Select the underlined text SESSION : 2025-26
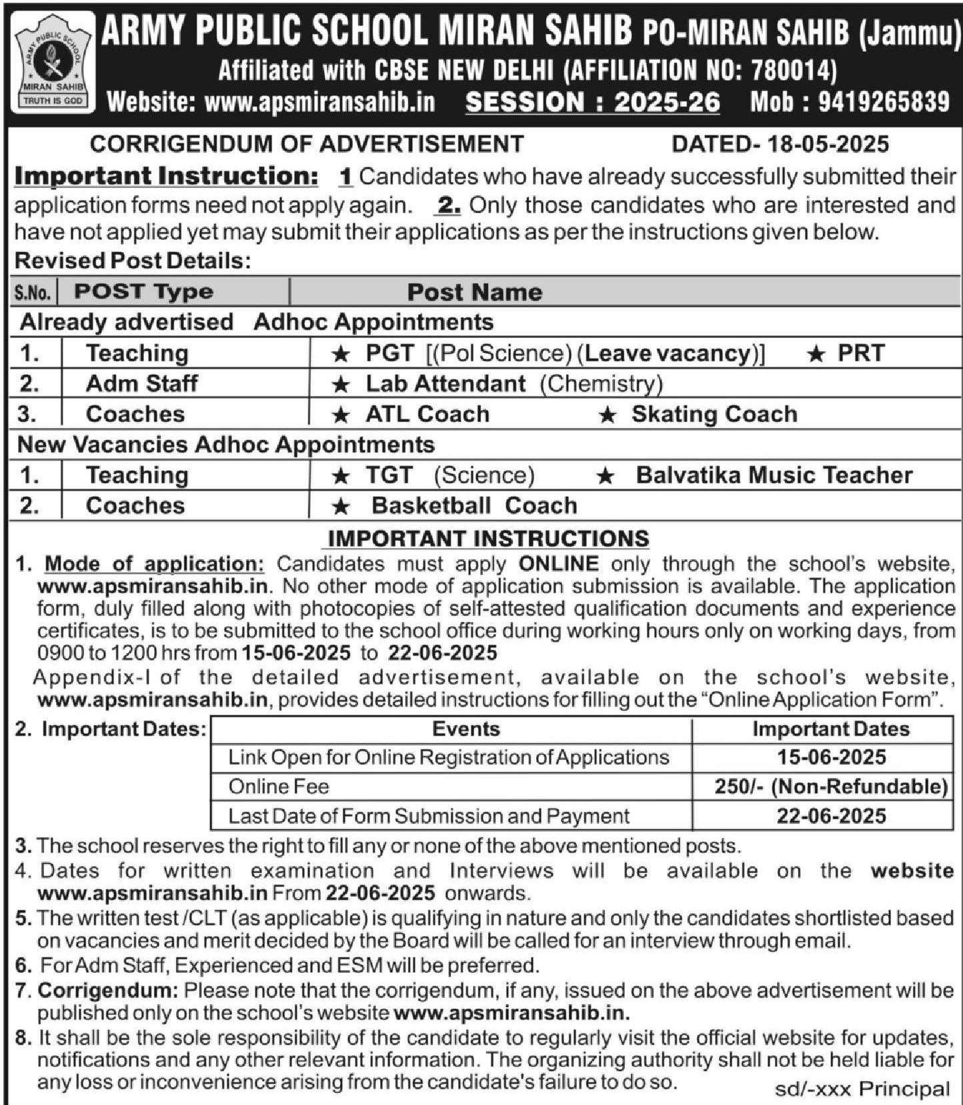[592, 102]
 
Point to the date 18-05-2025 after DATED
[827, 144]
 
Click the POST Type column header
[143, 291]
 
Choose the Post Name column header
[474, 292]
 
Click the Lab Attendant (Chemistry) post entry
[514, 383]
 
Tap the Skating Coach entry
[714, 414]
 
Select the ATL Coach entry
[427, 414]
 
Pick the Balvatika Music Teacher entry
[774, 475]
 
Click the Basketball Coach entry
[473, 505]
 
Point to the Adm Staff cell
[141, 383]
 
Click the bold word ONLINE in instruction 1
[558, 564]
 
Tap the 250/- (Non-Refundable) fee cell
[831, 786]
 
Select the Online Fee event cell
[279, 786]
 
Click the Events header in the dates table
[465, 728]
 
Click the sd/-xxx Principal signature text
[862, 1089]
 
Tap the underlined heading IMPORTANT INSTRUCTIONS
[488, 538]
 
